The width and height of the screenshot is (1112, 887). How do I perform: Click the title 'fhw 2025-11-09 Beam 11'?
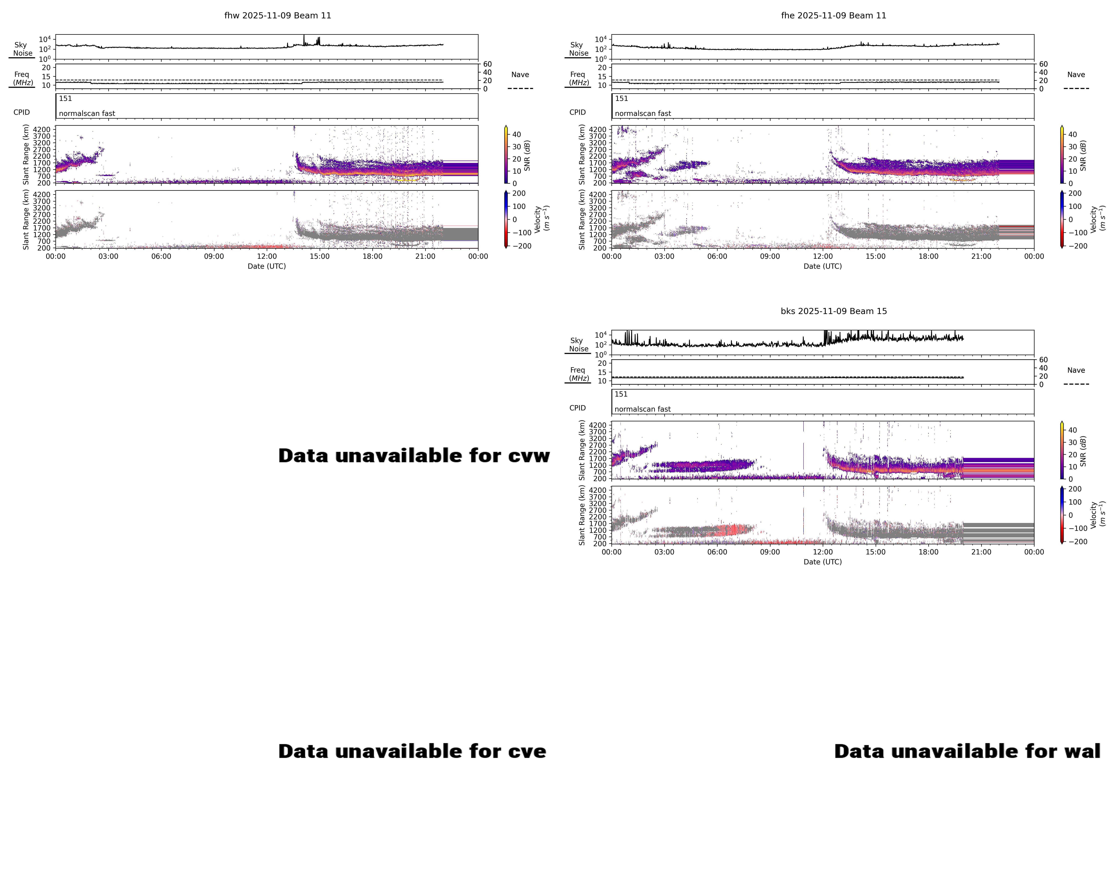(277, 15)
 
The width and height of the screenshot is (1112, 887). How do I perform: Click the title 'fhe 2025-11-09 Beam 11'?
(833, 15)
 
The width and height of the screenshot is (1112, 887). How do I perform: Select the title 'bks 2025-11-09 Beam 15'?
(833, 311)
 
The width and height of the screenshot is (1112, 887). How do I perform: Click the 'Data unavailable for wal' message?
(967, 751)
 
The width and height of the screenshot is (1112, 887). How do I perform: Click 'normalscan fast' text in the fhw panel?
(87, 113)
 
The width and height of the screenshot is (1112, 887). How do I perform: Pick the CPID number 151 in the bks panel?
(621, 394)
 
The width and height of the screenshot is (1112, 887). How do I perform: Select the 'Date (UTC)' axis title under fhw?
(267, 266)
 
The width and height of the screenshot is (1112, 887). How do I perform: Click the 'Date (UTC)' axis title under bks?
(823, 562)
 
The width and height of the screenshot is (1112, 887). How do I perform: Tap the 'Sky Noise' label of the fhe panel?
(578, 49)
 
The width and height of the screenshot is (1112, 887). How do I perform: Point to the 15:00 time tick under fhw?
(319, 256)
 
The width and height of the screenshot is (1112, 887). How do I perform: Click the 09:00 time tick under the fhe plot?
(769, 256)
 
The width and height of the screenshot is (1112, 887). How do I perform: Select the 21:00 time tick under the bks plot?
(981, 552)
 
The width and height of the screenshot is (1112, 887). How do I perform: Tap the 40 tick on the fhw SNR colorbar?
(516, 135)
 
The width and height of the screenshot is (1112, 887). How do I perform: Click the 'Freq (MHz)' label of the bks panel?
(578, 374)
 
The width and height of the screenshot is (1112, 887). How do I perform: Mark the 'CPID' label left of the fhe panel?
(577, 112)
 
